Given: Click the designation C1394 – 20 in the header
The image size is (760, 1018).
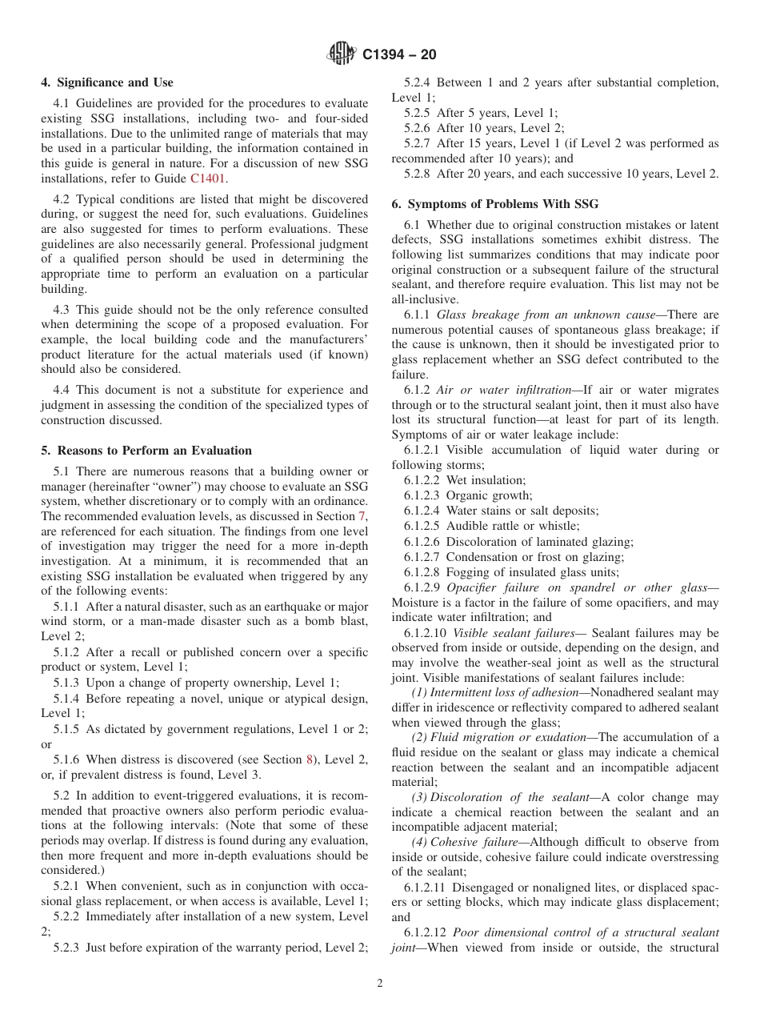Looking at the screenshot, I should tap(399, 55).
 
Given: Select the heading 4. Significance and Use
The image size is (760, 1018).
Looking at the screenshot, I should tap(106, 82).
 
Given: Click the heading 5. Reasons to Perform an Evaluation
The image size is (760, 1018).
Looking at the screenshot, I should tap(146, 451).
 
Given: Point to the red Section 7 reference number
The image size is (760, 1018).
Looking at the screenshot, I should tap(363, 517).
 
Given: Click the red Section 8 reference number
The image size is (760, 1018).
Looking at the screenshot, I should tap(310, 759).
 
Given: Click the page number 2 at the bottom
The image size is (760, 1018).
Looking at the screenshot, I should tap(380, 984).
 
